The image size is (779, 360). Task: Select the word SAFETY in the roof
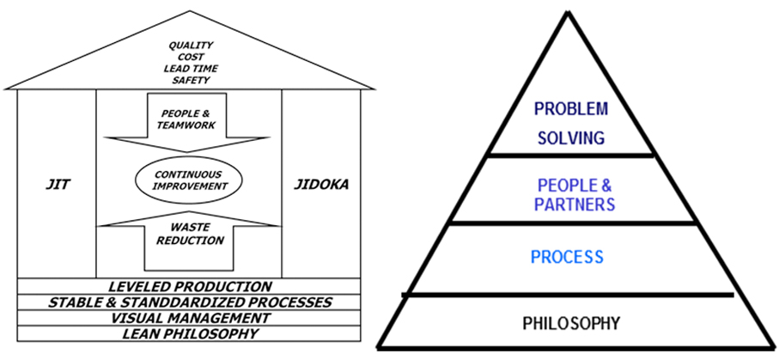pos(190,80)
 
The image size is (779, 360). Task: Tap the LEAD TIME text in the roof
pos(190,69)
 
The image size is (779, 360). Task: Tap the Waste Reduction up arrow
pos(190,240)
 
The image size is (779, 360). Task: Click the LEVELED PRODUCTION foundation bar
pos(190,286)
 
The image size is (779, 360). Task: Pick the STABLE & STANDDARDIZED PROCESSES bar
pos(190,302)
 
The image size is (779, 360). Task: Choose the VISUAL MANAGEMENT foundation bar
pos(190,318)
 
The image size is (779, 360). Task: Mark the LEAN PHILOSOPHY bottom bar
pos(190,333)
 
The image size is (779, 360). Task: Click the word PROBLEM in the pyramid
pos(570,109)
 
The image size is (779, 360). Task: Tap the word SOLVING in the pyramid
pos(570,137)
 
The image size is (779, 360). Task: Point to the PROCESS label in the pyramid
pos(567,256)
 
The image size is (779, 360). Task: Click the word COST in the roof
pos(190,58)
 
